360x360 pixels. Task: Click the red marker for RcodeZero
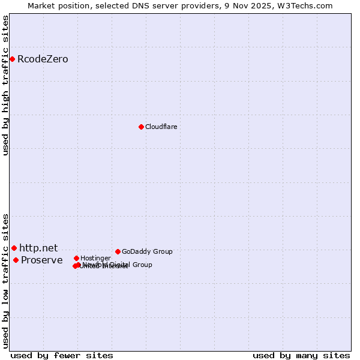point(12,59)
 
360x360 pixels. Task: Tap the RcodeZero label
point(43,59)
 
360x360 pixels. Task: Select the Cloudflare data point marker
point(141,127)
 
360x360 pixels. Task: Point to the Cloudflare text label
point(161,127)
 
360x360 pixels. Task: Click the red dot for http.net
point(14,248)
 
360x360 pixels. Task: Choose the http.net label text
point(38,248)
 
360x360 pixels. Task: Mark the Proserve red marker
point(16,260)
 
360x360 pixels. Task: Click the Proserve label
point(41,260)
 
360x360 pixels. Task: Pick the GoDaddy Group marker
point(118,251)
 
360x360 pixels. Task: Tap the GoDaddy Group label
point(147,251)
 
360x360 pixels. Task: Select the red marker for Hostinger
point(76,258)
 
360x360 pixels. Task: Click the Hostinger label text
point(95,258)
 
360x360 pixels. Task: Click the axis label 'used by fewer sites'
point(62,355)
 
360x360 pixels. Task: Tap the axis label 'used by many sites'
point(301,355)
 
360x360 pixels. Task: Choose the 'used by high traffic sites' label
point(5,85)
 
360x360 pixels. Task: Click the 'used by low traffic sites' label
point(5,281)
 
